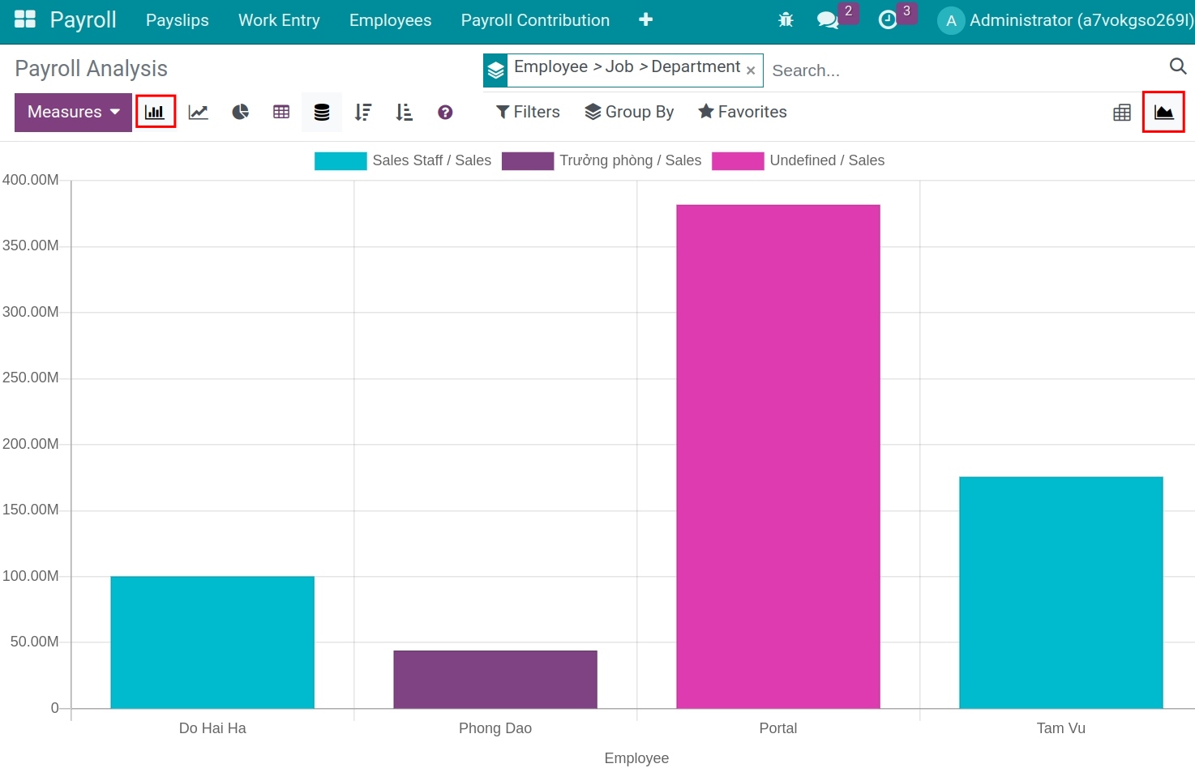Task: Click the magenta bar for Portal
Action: (777, 456)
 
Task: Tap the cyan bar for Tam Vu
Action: (1060, 592)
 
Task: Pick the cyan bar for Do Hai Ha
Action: (212, 642)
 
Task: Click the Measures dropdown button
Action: (73, 112)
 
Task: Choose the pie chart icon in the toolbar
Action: (240, 112)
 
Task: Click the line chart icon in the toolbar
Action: (198, 112)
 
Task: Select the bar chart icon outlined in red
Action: (156, 112)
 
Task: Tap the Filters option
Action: (528, 112)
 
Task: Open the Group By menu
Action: (629, 112)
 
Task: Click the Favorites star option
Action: (743, 112)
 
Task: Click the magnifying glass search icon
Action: (1177, 66)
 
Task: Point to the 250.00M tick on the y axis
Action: (31, 378)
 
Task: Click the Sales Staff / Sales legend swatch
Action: (341, 160)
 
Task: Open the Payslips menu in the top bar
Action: (177, 20)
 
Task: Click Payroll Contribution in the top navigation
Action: (535, 20)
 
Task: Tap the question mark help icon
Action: (445, 113)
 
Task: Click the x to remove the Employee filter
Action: (751, 70)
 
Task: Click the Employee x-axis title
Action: (636, 758)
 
